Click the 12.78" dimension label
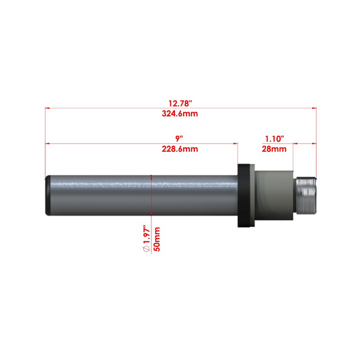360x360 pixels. pos(180,103)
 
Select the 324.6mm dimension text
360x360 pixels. pos(180,114)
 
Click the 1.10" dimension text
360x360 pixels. pos(273,138)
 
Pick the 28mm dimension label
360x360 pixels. pos(273,149)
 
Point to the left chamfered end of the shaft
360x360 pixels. pos(47,196)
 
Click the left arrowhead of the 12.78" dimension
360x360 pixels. pos(48,108)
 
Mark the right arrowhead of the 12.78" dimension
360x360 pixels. pos(313,108)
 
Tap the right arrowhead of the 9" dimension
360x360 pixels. pos(236,143)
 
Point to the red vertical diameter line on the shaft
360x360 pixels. pos(152,196)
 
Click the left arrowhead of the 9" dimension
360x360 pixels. pos(48,143)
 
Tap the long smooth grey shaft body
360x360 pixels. pos(101,196)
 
